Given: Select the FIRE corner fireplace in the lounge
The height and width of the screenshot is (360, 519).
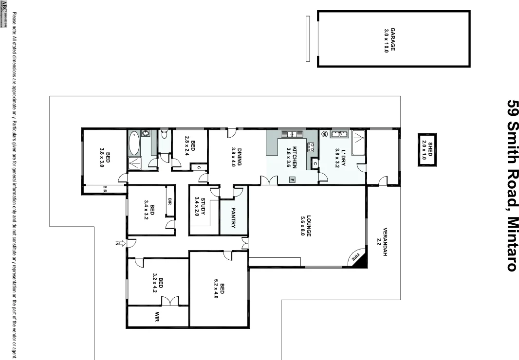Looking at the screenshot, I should click(357, 258).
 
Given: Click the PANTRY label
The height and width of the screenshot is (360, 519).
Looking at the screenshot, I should click(233, 217).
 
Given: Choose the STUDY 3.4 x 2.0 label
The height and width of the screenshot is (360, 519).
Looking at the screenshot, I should click(200, 206).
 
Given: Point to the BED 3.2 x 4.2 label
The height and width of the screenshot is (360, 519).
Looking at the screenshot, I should click(158, 283).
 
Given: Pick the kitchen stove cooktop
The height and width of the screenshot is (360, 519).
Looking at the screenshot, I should click(311, 146).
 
